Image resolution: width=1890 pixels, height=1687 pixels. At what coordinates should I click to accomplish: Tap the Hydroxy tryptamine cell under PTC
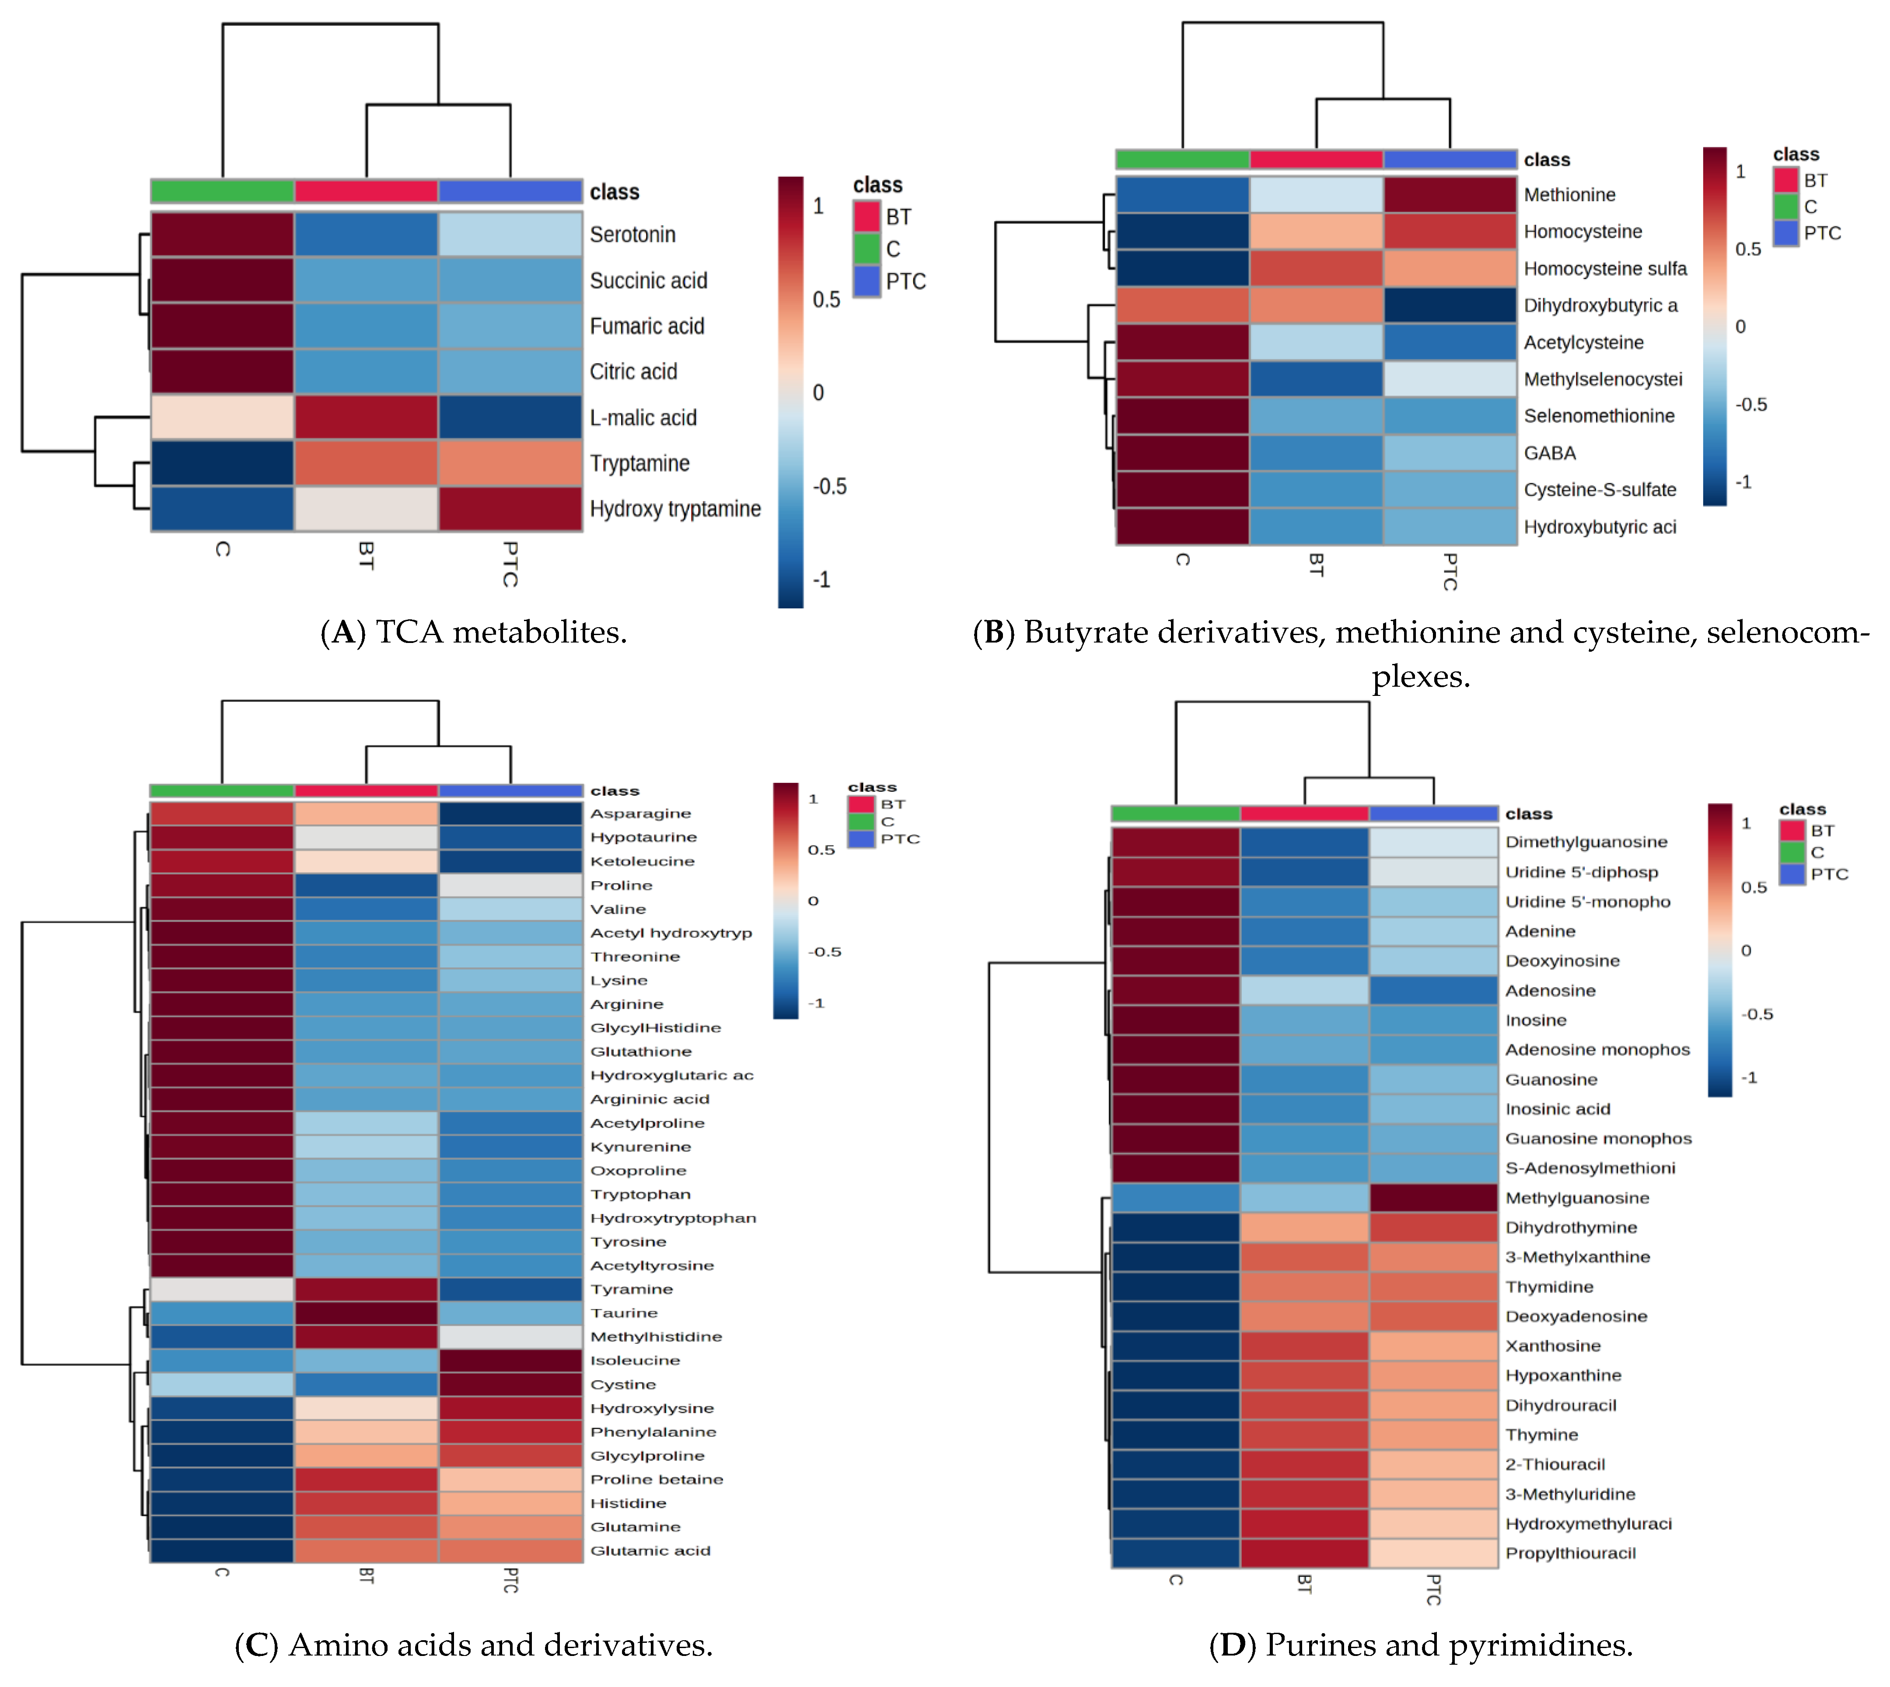pos(510,509)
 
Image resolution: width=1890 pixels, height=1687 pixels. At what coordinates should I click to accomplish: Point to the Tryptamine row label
pos(639,464)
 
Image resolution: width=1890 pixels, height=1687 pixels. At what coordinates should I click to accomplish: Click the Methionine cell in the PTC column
pos(1450,195)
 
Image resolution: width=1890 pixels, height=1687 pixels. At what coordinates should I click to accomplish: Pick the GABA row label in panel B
pos(1550,453)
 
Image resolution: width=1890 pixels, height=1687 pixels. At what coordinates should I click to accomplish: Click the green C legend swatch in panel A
pos(866,248)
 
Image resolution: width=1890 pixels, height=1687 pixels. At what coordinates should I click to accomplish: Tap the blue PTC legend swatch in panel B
pos(1786,233)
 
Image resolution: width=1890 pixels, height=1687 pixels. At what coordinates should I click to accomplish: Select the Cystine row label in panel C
pos(623,1385)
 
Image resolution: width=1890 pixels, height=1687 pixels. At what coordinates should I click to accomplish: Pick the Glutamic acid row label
pos(650,1551)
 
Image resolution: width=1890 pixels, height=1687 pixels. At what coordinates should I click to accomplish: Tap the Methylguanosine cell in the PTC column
pos(1433,1198)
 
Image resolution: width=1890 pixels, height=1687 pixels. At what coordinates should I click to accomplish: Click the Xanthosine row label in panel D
pos(1553,1346)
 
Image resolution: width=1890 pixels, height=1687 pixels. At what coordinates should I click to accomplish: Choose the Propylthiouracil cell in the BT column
pos(1304,1554)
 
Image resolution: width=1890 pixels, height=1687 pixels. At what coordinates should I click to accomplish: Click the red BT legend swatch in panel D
pos(1792,831)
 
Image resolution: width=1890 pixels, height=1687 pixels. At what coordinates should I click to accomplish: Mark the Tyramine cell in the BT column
pos(366,1289)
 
